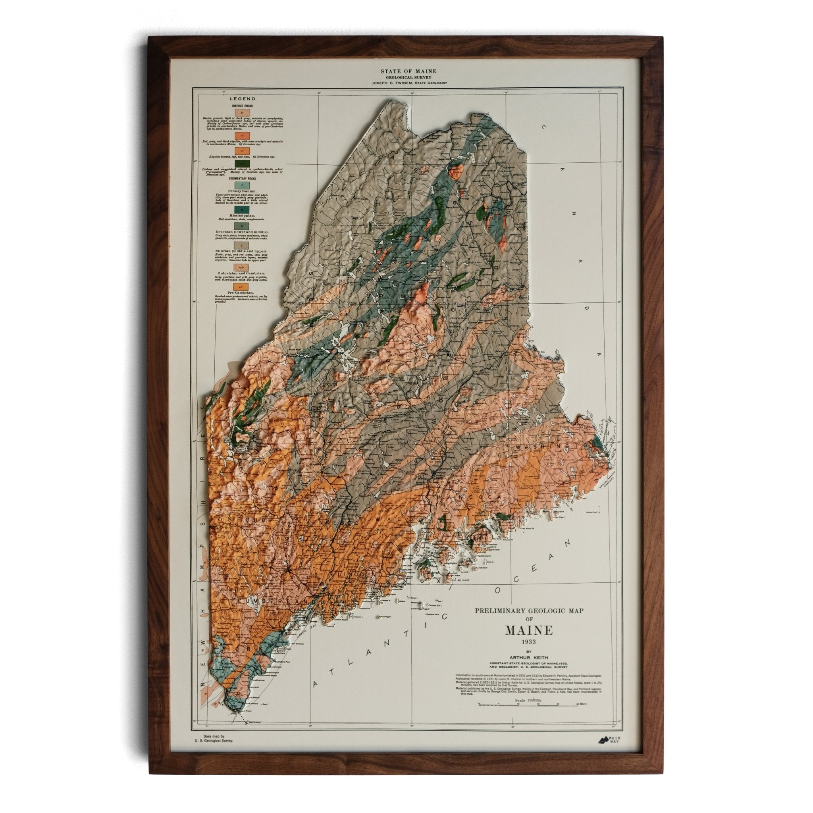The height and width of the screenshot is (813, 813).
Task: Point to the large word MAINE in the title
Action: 528,643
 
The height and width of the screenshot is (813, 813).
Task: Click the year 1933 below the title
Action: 529,653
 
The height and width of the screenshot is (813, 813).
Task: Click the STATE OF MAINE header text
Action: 408,71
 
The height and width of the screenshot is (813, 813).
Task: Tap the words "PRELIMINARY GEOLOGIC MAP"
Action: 529,622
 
